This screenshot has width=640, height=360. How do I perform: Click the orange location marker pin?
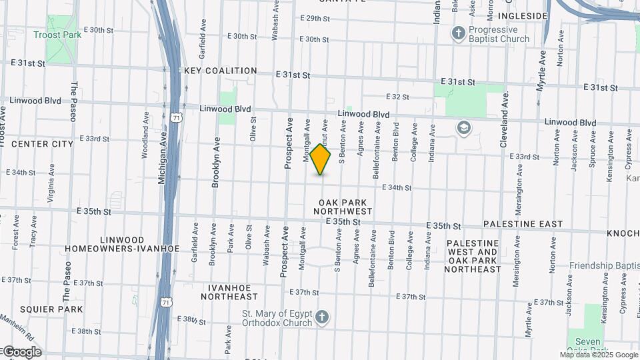320,160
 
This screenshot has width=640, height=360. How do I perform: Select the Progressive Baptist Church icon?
458,33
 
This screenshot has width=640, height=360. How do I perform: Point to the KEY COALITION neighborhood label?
220,71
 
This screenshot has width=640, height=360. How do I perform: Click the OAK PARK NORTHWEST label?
344,207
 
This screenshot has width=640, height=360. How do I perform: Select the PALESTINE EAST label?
523,225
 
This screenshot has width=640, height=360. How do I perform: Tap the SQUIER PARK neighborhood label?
51,309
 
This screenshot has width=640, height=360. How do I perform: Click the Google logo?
21,352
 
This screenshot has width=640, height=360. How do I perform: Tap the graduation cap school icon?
463,127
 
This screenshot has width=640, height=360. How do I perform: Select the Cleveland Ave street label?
505,110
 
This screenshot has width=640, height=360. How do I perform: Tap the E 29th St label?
315,19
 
